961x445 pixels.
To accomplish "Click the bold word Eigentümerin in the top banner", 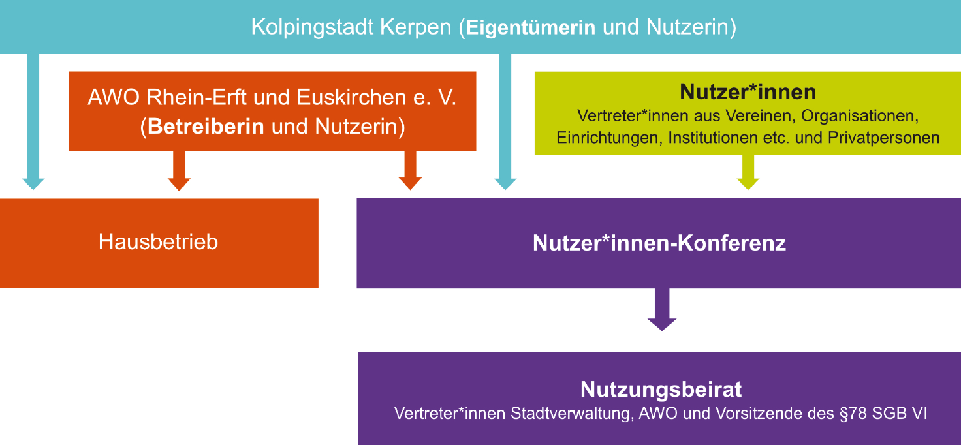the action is pyautogui.click(x=531, y=28).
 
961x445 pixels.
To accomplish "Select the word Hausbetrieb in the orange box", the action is pyautogui.click(x=158, y=242).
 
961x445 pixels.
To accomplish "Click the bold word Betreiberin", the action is pyautogui.click(x=206, y=127).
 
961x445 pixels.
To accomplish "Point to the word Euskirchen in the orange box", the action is pyautogui.click(x=352, y=97).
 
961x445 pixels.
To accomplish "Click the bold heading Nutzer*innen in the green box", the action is pyautogui.click(x=748, y=92).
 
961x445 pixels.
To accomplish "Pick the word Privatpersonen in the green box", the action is pyautogui.click(x=884, y=138).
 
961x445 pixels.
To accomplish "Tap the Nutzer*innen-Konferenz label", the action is pyautogui.click(x=659, y=243).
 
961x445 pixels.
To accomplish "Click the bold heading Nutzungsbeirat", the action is pyautogui.click(x=661, y=390).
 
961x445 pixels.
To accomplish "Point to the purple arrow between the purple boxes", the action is pyautogui.click(x=662, y=309).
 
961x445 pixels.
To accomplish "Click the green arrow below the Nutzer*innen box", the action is pyautogui.click(x=748, y=172).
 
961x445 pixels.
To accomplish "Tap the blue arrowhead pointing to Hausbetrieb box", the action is pyautogui.click(x=33, y=183).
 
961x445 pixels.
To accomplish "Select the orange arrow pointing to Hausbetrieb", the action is pyautogui.click(x=179, y=170).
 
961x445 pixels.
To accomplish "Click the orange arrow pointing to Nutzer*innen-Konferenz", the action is pyautogui.click(x=410, y=170).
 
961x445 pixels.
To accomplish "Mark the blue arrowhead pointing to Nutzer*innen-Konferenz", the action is pyautogui.click(x=505, y=183).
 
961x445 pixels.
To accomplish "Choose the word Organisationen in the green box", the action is pyautogui.click(x=860, y=116).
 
